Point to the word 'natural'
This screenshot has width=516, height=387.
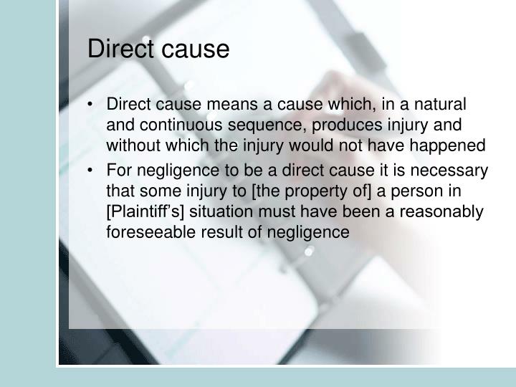(x=441, y=105)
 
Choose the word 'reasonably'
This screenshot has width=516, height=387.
(x=446, y=213)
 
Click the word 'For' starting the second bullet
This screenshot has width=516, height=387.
(x=119, y=171)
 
